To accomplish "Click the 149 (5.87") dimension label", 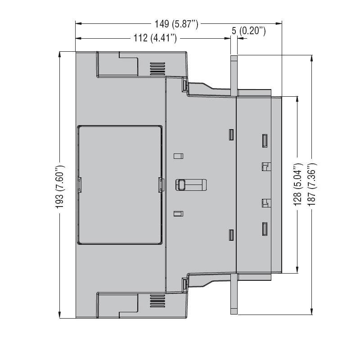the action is pyautogui.click(x=176, y=24).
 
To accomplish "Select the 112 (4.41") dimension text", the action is pyautogui.click(x=155, y=38).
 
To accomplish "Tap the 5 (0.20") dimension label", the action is pyautogui.click(x=249, y=31).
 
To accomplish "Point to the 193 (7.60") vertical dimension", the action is pyautogui.click(x=60, y=187).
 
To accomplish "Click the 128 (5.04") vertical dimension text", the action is pyautogui.click(x=298, y=184).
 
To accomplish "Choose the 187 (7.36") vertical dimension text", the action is pyautogui.click(x=312, y=184).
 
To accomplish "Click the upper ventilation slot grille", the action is pyautogui.click(x=157, y=69).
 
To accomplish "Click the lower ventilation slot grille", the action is pyautogui.click(x=157, y=301).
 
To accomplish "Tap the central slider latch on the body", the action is pyautogui.click(x=191, y=185).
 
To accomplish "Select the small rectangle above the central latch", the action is pyautogui.click(x=178, y=156).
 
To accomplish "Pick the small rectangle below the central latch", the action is pyautogui.click(x=178, y=214).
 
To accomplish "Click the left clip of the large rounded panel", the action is pyautogui.click(x=80, y=185).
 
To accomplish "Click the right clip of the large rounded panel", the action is pyautogui.click(x=161, y=185).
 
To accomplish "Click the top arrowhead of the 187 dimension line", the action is pyautogui.click(x=311, y=58).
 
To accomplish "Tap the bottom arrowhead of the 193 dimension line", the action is pyautogui.click(x=60, y=315).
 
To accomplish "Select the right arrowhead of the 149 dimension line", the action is pyautogui.click(x=279, y=23).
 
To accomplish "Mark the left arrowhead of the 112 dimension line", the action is pyautogui.click(x=78, y=38).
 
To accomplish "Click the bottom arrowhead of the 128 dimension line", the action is pyautogui.click(x=297, y=270).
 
